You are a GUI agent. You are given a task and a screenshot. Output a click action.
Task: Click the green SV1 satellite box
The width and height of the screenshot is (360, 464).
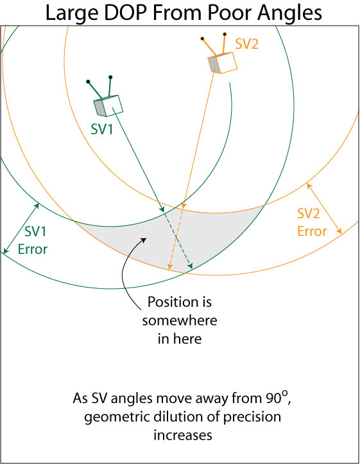(x=108, y=106)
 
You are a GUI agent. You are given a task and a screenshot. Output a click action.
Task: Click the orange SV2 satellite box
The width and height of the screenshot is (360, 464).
(x=223, y=63)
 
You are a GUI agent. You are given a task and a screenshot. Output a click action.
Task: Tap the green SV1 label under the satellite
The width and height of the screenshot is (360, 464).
(x=102, y=129)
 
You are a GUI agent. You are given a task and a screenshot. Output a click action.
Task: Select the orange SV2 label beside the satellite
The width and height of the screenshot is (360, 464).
(x=246, y=44)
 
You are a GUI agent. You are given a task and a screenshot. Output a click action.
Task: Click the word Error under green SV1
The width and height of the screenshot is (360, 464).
(x=33, y=249)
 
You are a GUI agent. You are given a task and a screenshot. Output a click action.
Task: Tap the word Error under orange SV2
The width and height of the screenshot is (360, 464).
(x=312, y=231)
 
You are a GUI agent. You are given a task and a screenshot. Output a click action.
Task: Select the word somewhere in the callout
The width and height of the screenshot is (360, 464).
(x=180, y=320)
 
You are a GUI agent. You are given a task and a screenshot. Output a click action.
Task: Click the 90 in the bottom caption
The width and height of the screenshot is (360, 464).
(x=273, y=399)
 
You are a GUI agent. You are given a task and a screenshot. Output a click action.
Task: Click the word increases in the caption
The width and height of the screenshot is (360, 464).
(x=183, y=435)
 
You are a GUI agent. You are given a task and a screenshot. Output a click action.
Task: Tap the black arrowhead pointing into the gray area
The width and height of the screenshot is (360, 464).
(x=144, y=239)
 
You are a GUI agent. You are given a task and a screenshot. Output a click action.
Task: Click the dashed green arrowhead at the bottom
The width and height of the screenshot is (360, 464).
(x=190, y=266)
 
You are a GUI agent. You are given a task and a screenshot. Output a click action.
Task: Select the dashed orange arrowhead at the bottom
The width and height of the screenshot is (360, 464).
(x=169, y=266)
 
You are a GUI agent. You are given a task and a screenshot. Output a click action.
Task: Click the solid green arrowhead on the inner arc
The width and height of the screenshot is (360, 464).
(x=162, y=209)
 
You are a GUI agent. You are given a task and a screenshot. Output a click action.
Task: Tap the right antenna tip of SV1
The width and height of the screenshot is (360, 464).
(x=110, y=77)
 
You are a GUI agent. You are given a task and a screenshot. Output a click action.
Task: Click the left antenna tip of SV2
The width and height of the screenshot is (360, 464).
(x=202, y=39)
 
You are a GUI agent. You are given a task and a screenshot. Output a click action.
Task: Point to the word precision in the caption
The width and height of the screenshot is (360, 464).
(x=252, y=418)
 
